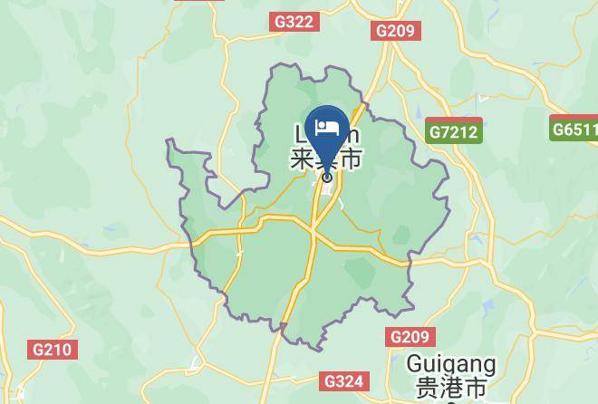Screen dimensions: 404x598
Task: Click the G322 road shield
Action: (x=293, y=19)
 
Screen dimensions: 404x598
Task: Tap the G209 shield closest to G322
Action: (x=394, y=32)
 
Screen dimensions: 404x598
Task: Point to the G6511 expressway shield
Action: (x=575, y=130)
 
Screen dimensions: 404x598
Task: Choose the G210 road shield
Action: (x=54, y=349)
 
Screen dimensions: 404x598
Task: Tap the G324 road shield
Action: (x=344, y=381)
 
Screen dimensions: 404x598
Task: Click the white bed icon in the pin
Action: (x=327, y=125)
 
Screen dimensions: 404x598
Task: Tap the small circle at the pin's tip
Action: (x=327, y=177)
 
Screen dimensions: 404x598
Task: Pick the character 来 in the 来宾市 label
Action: (x=301, y=160)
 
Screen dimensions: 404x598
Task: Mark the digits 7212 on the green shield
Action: (x=460, y=132)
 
